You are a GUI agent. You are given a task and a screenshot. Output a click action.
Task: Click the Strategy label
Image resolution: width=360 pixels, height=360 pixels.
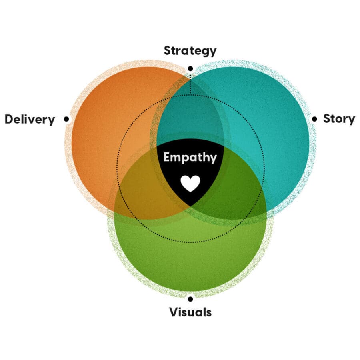click(x=190, y=51)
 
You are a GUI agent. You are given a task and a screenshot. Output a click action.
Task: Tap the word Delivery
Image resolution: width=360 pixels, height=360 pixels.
click(x=30, y=119)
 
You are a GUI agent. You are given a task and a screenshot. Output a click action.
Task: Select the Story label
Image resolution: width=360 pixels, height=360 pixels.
click(x=339, y=119)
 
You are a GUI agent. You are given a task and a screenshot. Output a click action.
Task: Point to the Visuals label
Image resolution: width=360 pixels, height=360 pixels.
click(x=190, y=312)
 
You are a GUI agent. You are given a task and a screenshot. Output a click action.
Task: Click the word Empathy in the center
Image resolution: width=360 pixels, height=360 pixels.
click(x=190, y=157)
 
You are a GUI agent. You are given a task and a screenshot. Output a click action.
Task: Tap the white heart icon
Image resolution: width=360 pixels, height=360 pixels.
click(x=190, y=183)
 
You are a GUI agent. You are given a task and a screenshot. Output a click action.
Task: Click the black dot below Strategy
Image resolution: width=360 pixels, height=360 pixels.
click(x=190, y=68)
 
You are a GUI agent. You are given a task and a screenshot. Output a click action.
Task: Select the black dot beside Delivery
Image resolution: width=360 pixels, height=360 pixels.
click(x=66, y=119)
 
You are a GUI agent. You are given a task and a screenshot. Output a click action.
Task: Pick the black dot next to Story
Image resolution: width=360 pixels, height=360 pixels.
click(x=314, y=119)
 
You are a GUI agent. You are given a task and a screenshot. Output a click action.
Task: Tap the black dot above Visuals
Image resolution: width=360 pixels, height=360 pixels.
click(x=190, y=298)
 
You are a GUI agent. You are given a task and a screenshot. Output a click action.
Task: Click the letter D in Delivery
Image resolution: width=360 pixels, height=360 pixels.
click(x=9, y=119)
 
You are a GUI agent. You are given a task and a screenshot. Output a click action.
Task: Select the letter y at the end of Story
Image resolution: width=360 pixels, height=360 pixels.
click(x=351, y=120)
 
